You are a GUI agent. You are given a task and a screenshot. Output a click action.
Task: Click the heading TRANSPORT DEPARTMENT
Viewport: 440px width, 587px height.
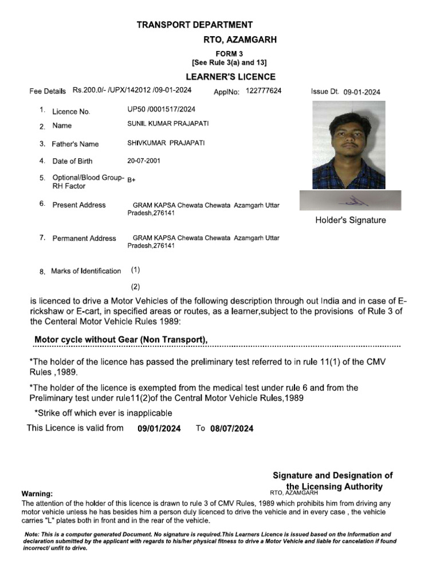tap(194, 25)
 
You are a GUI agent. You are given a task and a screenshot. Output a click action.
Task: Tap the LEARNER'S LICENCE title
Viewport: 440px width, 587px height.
tap(230, 77)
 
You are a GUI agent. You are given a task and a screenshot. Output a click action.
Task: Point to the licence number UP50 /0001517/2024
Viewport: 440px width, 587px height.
tap(161, 109)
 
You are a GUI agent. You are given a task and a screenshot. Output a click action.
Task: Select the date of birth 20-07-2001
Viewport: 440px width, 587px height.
tap(144, 161)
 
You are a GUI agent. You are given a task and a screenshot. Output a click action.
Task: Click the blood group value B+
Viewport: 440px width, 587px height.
tap(131, 180)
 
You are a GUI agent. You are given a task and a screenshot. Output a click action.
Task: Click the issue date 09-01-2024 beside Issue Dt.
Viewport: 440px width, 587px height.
tap(362, 92)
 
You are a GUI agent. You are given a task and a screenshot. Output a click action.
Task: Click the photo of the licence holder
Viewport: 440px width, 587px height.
tap(348, 145)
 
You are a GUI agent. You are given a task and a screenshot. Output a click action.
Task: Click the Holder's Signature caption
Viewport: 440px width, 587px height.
tap(351, 220)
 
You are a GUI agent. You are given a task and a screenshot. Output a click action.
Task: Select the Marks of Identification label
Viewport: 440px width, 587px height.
tap(86, 271)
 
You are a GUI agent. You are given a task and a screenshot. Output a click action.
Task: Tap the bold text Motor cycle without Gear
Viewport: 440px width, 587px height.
tap(120, 340)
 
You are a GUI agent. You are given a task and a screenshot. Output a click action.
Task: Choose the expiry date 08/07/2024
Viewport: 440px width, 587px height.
tap(231, 428)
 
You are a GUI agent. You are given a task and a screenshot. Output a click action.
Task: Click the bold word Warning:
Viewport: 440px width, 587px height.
tap(37, 494)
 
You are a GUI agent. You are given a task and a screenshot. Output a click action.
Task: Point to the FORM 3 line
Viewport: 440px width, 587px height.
tap(229, 53)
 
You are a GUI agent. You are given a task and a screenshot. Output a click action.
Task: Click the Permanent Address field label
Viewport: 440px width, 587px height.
tap(84, 238)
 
